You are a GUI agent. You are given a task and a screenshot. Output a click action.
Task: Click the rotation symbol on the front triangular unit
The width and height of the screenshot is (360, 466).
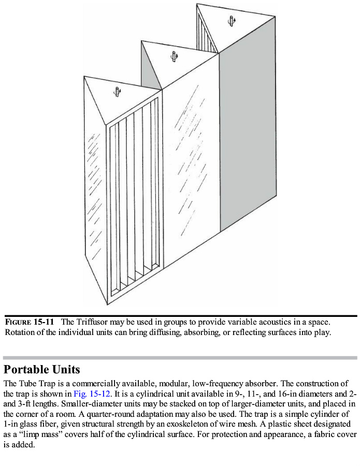coord(118,92)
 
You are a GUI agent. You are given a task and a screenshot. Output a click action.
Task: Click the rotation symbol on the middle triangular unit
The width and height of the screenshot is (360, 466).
coord(175,56)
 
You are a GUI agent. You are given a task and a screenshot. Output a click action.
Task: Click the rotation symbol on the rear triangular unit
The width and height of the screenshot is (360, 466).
coord(231,21)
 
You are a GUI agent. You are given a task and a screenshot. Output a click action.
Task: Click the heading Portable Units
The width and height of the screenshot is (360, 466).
coord(41,370)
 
